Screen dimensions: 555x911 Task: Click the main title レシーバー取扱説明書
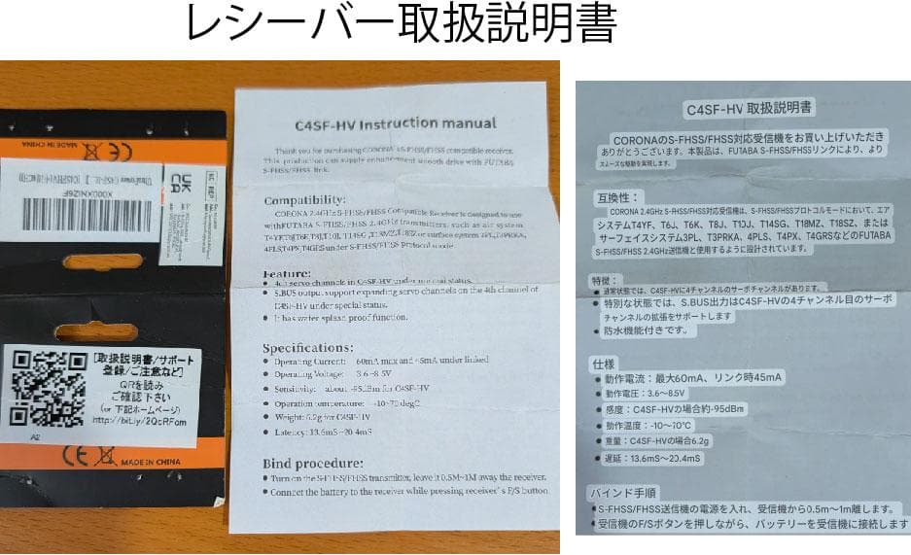402,26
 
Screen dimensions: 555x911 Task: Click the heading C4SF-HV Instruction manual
396,124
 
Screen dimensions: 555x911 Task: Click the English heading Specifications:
308,348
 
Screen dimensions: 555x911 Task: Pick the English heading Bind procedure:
312,463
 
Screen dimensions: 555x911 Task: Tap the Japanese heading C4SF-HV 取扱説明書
750,108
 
